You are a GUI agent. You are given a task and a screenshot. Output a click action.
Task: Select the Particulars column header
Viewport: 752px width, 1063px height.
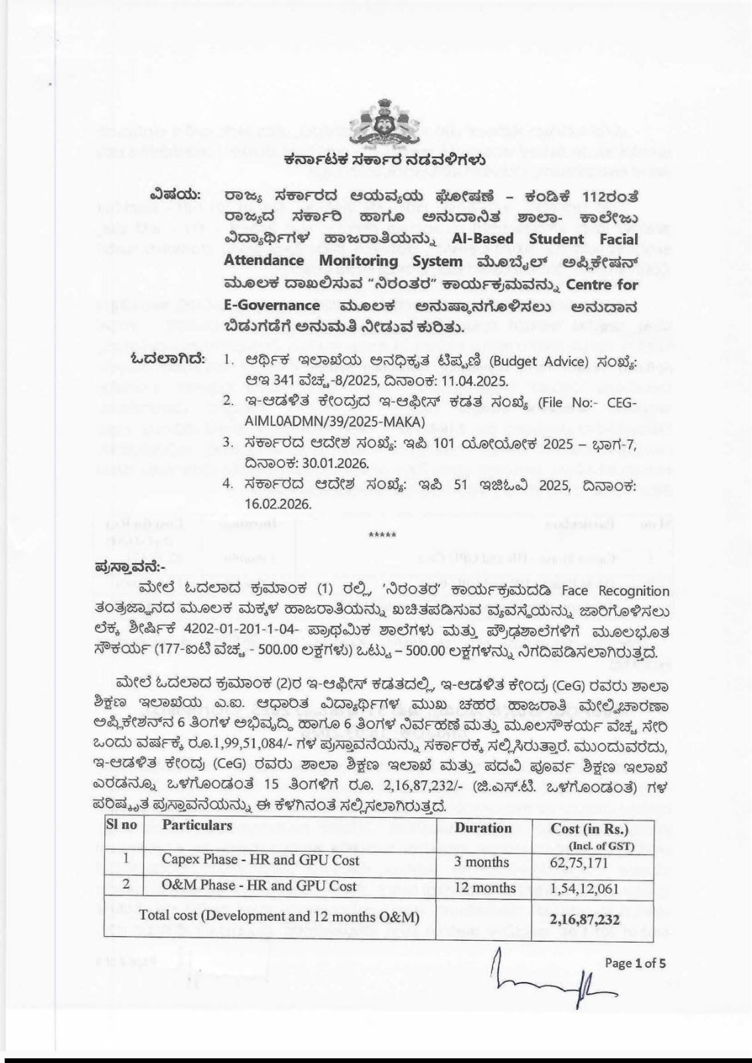tap(197, 825)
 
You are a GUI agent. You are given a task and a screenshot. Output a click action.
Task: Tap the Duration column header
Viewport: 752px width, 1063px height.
tap(483, 828)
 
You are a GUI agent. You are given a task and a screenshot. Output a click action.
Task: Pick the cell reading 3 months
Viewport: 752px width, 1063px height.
tap(483, 862)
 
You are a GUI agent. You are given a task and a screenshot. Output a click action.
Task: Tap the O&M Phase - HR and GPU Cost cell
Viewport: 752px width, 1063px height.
tap(259, 886)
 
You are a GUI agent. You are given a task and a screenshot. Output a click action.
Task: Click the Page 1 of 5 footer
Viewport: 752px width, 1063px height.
tap(635, 963)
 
